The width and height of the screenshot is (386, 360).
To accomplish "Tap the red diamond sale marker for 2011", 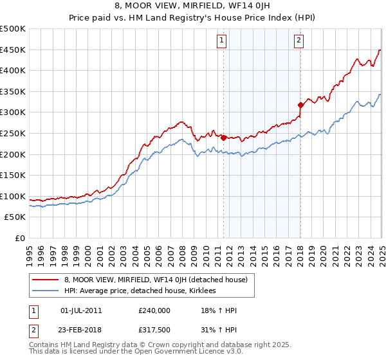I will pos(223,138).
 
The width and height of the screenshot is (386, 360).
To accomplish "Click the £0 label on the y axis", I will pos(19,238).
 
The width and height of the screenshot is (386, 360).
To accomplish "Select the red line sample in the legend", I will pos(46,280).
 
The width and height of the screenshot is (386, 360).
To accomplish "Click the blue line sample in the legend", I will pos(46,291).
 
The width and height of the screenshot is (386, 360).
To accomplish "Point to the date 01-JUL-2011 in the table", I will pos(80,310).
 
